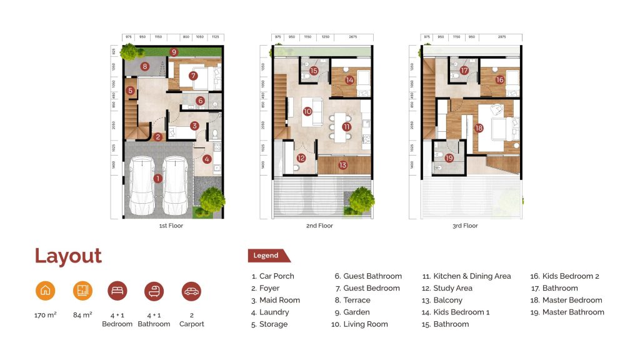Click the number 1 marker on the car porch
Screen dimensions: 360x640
157,178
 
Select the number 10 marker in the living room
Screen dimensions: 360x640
307,112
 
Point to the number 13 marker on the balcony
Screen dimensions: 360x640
342,165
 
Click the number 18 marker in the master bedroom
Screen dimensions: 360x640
479,129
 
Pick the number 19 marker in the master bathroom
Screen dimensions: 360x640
449,158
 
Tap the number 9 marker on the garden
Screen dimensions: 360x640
174,52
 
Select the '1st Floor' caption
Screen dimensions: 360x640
171,226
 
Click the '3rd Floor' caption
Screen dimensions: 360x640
465,226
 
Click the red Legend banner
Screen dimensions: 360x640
269,256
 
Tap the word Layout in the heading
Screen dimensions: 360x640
68,256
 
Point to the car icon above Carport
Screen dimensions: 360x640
191,291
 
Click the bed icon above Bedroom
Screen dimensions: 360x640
117,291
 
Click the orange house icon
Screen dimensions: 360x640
44,291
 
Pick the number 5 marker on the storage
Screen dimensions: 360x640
130,91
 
